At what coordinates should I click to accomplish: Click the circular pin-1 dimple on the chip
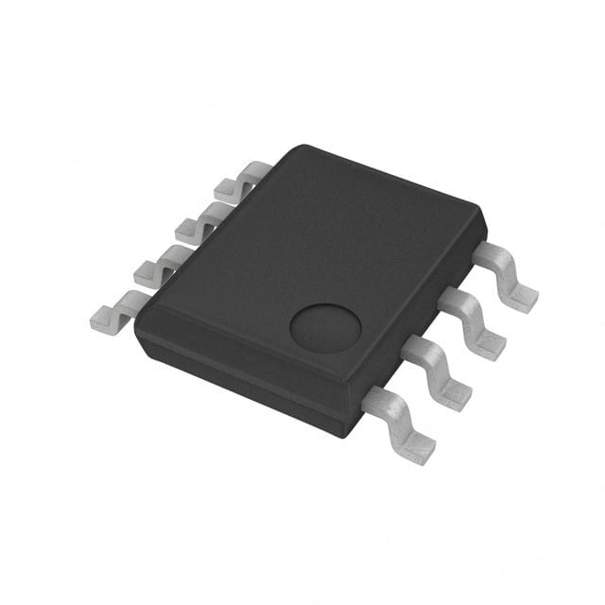tap(325, 329)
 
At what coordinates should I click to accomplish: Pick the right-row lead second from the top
tap(473, 321)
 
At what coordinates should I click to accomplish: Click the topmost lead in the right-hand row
tap(506, 274)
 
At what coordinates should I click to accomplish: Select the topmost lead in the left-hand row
tap(240, 180)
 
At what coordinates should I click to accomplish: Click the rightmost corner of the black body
tap(484, 227)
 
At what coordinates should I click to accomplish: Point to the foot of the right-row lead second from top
tap(488, 346)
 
